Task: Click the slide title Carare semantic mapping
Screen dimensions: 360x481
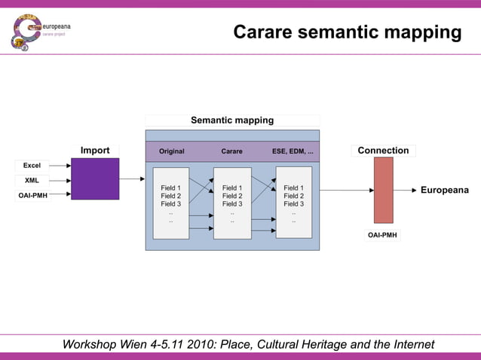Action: click(347, 32)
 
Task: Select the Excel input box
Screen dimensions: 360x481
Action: click(32, 165)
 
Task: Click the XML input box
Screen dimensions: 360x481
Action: click(32, 181)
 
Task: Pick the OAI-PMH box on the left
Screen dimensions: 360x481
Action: click(32, 196)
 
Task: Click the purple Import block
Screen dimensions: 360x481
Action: click(95, 178)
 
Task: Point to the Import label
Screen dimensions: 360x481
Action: click(95, 151)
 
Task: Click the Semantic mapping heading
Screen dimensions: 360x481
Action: click(232, 120)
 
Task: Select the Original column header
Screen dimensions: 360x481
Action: click(171, 151)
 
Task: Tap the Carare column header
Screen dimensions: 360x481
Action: click(232, 151)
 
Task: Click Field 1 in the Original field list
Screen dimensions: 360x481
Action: click(171, 188)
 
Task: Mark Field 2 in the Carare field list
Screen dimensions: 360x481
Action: click(232, 196)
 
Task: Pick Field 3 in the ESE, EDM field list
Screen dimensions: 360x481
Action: click(293, 203)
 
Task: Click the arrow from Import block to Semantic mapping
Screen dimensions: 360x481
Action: click(132, 179)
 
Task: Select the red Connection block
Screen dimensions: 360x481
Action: click(384, 190)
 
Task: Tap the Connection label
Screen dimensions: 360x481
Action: click(383, 151)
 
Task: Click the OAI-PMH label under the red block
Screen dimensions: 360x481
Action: click(382, 235)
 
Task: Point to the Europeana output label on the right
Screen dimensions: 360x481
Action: click(444, 190)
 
